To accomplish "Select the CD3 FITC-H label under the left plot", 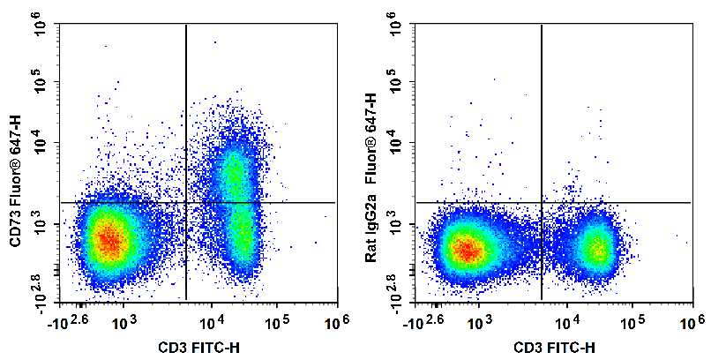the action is point(198,348).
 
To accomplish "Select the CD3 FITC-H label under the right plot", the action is point(554,348).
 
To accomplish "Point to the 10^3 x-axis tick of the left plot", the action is point(123,324).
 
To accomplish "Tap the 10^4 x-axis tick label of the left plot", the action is point(212,324).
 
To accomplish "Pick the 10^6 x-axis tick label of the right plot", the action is point(692,324).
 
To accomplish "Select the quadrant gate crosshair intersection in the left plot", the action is point(186,202).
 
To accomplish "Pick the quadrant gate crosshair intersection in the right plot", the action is point(542,202).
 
